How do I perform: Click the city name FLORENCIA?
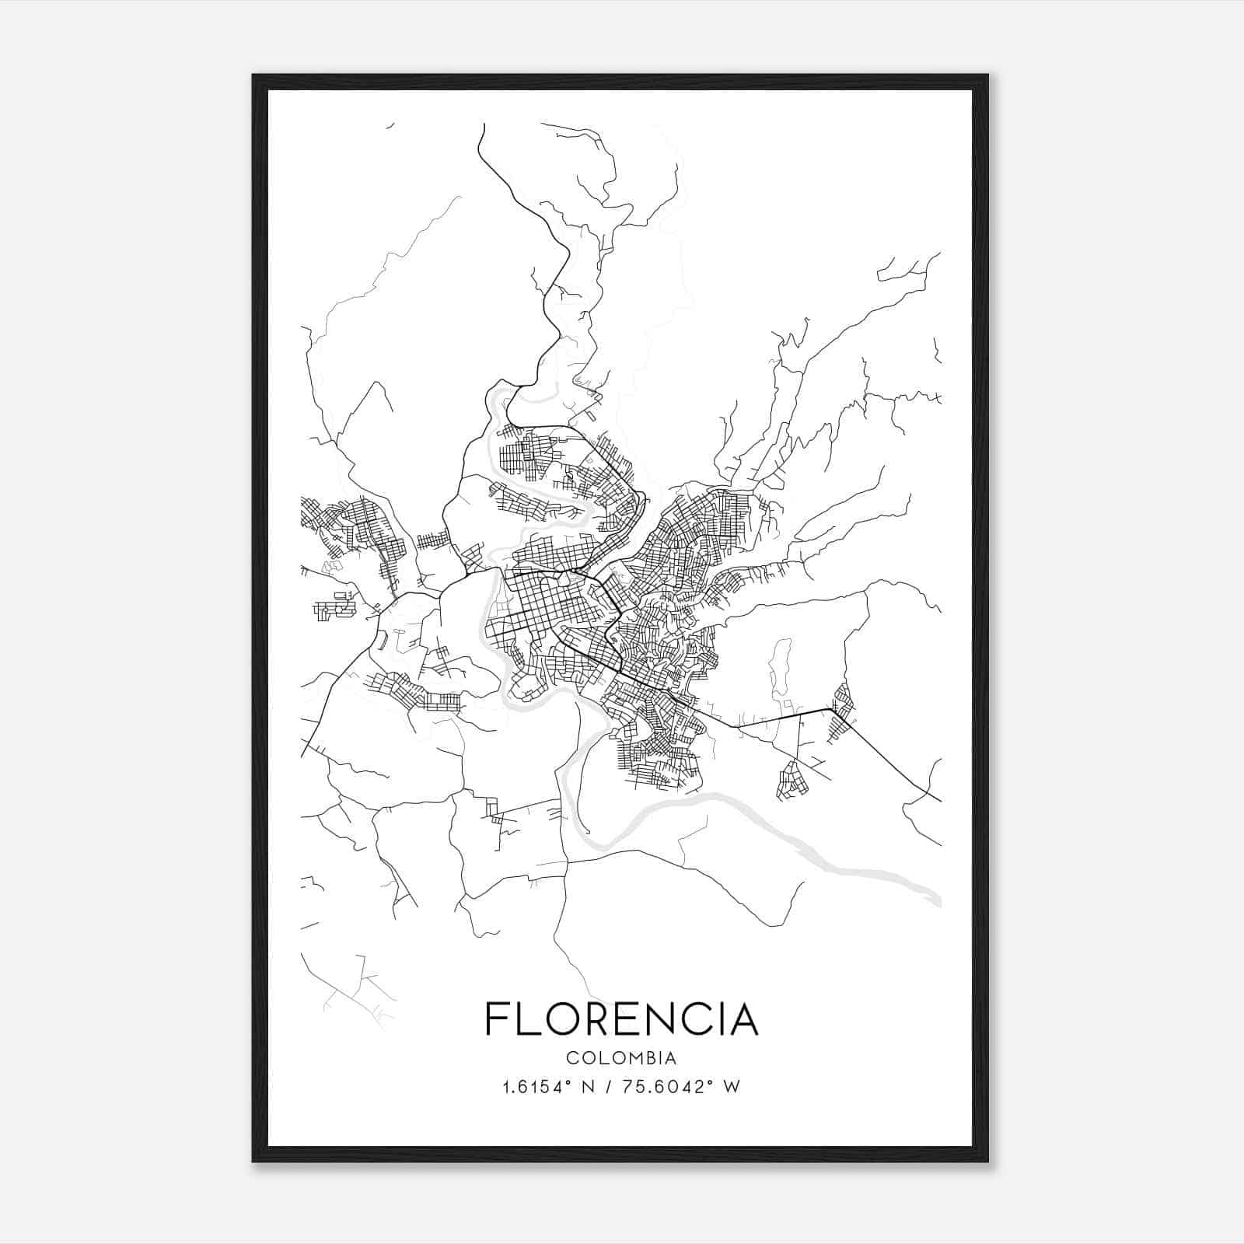621,1019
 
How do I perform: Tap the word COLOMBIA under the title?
621,1058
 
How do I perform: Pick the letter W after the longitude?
731,1087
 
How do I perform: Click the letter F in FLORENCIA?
496,1019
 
